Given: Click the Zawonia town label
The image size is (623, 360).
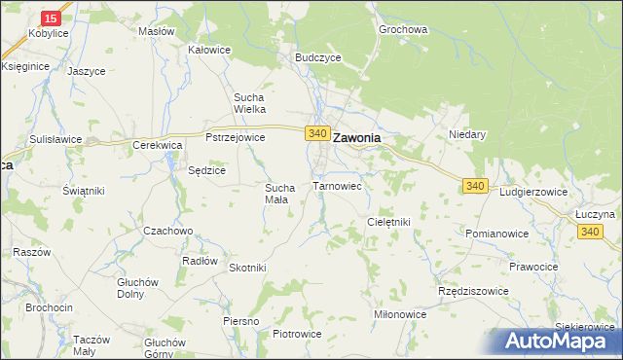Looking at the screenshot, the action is pyautogui.click(x=356, y=138).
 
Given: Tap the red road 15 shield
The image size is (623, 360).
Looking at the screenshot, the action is pyautogui.click(x=53, y=18).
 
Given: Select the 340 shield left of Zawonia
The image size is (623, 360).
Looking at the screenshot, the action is pyautogui.click(x=315, y=132).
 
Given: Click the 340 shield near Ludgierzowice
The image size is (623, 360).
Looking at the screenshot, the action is pyautogui.click(x=475, y=186).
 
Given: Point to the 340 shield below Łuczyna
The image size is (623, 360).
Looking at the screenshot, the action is pyautogui.click(x=590, y=231).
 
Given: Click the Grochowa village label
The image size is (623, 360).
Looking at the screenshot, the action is pyautogui.click(x=404, y=29).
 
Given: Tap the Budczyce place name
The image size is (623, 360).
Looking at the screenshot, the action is pyautogui.click(x=317, y=57).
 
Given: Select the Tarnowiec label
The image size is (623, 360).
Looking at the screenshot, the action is pyautogui.click(x=337, y=185).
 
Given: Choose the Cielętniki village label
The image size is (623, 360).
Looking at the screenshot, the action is pyautogui.click(x=388, y=222).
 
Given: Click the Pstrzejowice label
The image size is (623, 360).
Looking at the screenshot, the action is pyautogui.click(x=236, y=138).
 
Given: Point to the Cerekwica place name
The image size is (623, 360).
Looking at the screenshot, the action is pyautogui.click(x=159, y=144).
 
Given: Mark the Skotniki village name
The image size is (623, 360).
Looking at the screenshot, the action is pyautogui.click(x=247, y=268).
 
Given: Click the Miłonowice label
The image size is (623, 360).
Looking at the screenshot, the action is pyautogui.click(x=400, y=314).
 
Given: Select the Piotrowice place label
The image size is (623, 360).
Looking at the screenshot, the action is pyautogui.click(x=297, y=334).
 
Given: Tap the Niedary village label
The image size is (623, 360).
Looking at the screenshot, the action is pyautogui.click(x=466, y=134).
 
